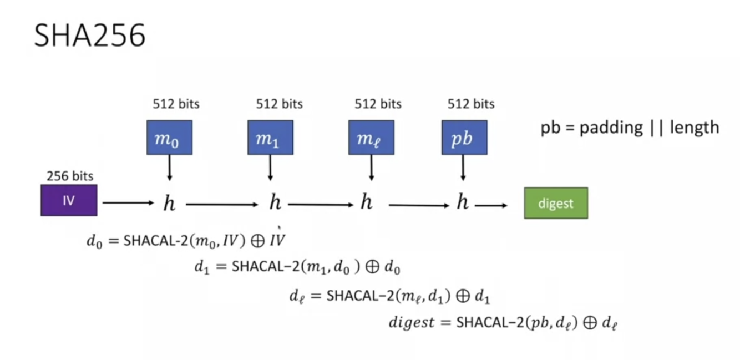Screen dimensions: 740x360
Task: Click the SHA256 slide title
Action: (89, 36)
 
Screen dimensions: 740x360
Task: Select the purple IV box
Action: (69, 200)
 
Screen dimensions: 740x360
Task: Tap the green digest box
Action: (555, 203)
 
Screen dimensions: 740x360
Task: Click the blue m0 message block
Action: (169, 138)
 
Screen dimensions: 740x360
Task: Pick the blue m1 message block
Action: (270, 138)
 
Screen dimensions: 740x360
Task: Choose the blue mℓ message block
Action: (371, 138)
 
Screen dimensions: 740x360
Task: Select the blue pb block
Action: (464, 138)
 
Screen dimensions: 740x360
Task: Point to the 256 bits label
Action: (69, 176)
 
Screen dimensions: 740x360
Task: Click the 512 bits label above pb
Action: (471, 104)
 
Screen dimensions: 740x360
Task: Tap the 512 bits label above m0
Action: (176, 104)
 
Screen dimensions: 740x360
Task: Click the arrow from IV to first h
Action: (128, 203)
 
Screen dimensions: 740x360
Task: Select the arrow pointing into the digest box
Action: (491, 205)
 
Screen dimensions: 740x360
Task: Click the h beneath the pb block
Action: (463, 203)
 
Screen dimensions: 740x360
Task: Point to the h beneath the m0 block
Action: (169, 204)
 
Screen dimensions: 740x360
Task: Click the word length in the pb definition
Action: (694, 128)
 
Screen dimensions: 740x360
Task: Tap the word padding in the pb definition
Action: (611, 128)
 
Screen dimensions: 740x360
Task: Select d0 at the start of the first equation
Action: (95, 241)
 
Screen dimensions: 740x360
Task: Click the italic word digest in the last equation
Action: (411, 322)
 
